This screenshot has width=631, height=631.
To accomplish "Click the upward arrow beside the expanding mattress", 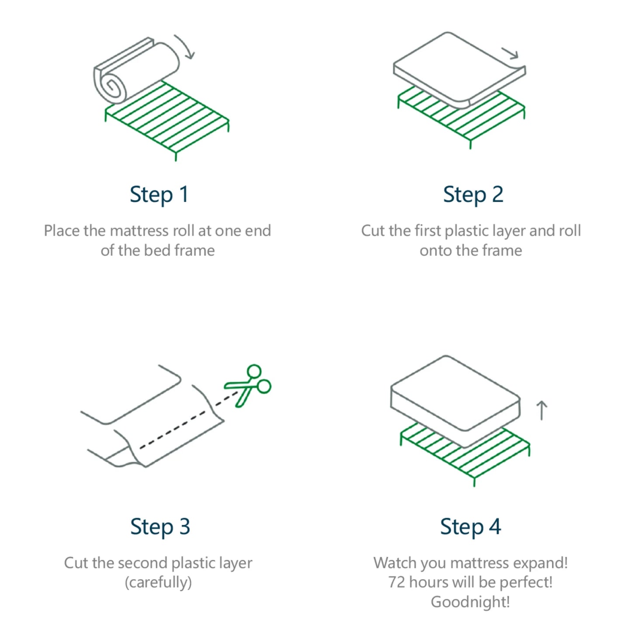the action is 541,410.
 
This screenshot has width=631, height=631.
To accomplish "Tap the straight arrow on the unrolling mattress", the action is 510,53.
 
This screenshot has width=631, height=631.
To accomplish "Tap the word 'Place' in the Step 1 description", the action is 62,231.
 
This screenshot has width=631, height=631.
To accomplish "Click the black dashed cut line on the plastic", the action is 189,420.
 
